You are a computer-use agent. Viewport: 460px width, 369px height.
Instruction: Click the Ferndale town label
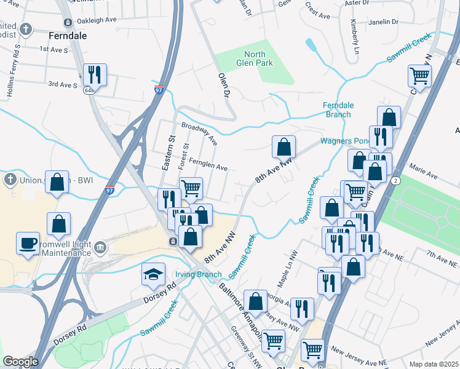67,36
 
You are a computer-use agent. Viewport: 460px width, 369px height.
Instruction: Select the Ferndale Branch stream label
337,109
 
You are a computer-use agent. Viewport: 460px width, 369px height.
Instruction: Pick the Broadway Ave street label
199,133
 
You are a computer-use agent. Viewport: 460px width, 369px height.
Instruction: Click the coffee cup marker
28,242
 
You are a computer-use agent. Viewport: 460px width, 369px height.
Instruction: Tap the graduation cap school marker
153,274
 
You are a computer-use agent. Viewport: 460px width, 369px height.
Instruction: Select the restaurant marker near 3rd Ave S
95,74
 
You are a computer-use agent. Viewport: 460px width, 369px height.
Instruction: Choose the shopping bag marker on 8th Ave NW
284,146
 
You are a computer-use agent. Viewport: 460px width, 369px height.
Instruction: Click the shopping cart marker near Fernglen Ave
191,188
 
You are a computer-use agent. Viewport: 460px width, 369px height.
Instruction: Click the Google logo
20,362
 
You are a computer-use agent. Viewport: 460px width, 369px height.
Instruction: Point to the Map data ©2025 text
433,364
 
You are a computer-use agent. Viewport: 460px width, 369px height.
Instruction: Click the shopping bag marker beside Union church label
57,181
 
